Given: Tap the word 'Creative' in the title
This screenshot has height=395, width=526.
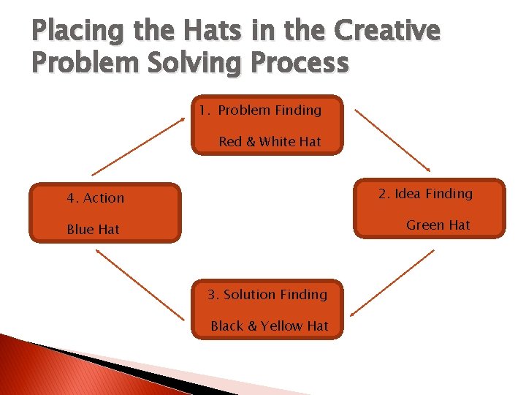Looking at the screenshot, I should pyautogui.click(x=387, y=31).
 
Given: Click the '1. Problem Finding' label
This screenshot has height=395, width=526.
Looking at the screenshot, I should pyautogui.click(x=260, y=110).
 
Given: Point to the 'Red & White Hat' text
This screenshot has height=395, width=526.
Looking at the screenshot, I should pyautogui.click(x=270, y=142).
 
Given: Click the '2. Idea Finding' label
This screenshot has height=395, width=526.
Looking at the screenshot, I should pyautogui.click(x=425, y=194).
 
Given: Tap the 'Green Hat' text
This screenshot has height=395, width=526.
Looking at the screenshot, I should pyautogui.click(x=438, y=225).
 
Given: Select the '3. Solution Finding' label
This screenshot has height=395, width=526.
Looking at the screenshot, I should pyautogui.click(x=267, y=295).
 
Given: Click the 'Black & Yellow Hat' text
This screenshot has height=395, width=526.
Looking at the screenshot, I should pyautogui.click(x=269, y=326).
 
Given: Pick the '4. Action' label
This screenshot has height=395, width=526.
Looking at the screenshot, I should pyautogui.click(x=95, y=198).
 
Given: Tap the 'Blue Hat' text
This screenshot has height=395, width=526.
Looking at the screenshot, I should pyautogui.click(x=93, y=230).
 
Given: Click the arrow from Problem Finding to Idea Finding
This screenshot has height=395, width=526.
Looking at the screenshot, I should pyautogui.click(x=392, y=140).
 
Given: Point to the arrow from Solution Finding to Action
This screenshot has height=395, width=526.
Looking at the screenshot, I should pyautogui.click(x=140, y=284).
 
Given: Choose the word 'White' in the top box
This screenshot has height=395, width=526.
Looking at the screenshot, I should pyautogui.click(x=278, y=142).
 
